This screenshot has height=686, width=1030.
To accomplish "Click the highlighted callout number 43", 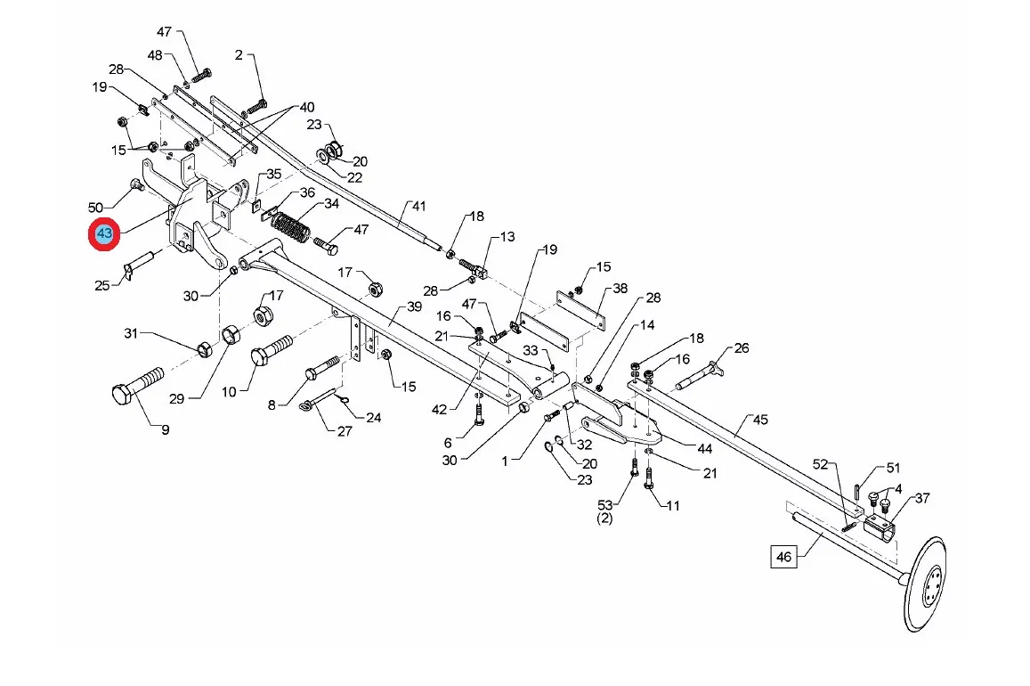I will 105,234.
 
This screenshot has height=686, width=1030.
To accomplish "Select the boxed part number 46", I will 783,558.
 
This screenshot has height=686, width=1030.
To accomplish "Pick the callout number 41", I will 418,207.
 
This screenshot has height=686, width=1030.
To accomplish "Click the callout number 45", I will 759,420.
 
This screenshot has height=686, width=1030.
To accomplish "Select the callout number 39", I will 414,306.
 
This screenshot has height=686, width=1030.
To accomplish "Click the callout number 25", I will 102,285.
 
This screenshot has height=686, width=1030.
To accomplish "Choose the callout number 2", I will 239,55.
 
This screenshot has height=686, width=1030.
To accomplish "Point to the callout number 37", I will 922,498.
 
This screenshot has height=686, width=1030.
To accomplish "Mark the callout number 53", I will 606,505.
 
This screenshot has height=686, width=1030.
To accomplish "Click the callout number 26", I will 742,347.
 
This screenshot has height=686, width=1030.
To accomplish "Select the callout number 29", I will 176,398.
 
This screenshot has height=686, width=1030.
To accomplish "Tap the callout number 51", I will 893,468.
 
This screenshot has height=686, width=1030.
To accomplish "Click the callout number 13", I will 507,237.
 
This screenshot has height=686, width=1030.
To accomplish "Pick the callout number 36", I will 307,192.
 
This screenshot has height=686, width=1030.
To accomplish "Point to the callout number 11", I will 673,505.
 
